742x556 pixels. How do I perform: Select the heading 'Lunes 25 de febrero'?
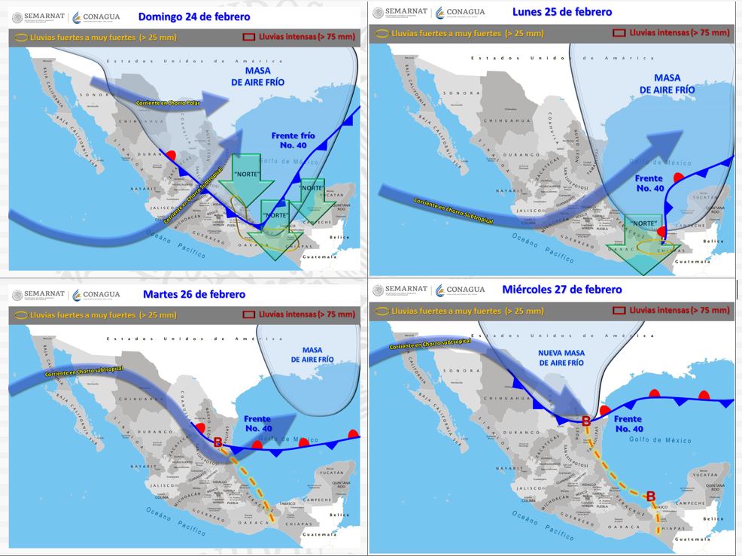point(561,12)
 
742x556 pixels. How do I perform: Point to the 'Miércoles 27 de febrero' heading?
point(561,290)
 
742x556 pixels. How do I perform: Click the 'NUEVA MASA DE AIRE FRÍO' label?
point(561,357)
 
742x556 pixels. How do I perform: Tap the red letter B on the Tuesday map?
point(218,442)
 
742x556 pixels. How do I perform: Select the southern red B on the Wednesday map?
point(651,495)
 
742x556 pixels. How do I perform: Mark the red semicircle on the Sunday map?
point(172,155)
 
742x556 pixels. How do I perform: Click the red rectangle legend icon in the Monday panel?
point(619,33)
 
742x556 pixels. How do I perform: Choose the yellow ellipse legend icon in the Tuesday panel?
point(21,314)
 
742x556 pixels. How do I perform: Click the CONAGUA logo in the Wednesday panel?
point(464,290)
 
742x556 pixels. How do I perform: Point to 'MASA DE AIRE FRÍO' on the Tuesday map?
point(312,355)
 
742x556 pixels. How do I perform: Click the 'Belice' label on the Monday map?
point(713,242)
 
